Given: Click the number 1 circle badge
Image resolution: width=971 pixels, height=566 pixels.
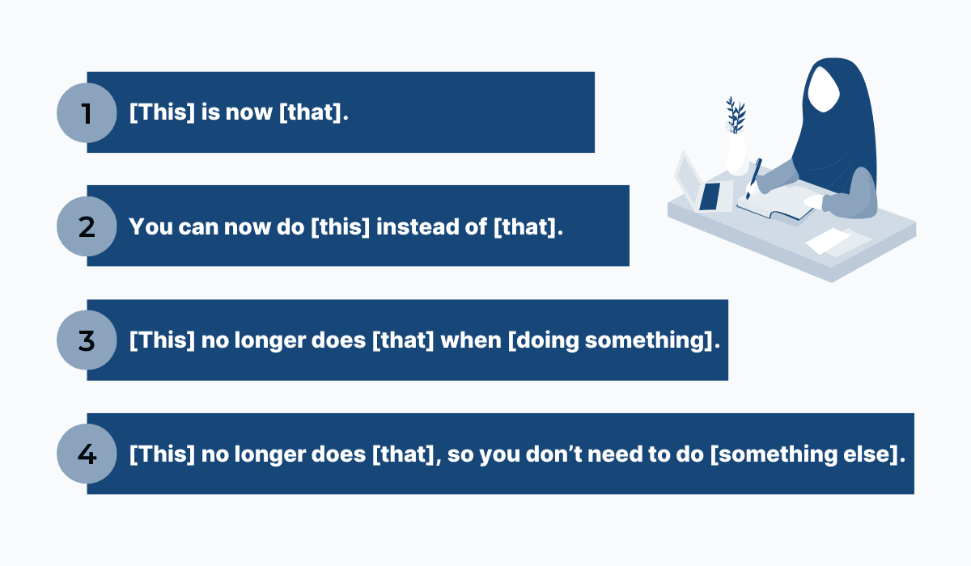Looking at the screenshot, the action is tap(87, 112).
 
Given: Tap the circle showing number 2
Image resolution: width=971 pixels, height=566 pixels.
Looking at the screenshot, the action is tap(87, 226).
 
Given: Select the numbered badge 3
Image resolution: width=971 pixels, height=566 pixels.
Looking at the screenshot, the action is tap(87, 340).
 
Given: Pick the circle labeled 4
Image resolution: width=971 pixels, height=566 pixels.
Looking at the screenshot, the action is tap(87, 454).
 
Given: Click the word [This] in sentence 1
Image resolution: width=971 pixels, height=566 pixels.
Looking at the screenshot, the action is tap(162, 112).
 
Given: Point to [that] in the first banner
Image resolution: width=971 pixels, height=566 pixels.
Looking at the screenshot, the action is tap(314, 112).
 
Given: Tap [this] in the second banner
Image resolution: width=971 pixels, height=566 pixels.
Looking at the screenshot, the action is tap(341, 226).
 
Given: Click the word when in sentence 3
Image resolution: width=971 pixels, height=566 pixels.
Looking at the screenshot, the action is tap(471, 340).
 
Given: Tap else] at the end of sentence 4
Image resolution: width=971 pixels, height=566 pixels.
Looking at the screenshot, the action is tap(874, 454).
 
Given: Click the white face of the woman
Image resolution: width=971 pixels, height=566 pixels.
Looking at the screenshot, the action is tap(824, 90).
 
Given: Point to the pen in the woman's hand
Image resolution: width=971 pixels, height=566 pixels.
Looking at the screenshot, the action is tap(753, 178).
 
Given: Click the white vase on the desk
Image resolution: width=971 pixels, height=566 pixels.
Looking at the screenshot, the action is tap(737, 154).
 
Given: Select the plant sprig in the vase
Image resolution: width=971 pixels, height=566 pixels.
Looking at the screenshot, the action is tap(736, 115).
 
